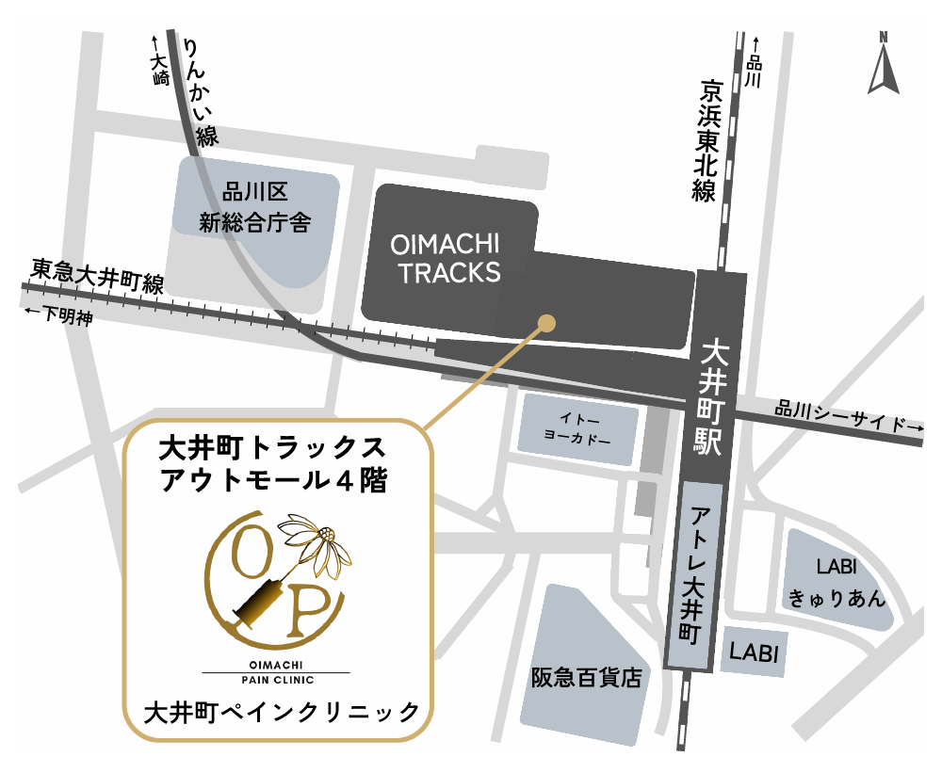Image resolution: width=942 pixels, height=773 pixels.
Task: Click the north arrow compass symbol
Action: (884, 64)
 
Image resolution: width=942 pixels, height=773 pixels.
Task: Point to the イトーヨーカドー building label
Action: (578, 428)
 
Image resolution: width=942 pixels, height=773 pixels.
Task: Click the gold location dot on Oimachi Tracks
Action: (545, 323)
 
